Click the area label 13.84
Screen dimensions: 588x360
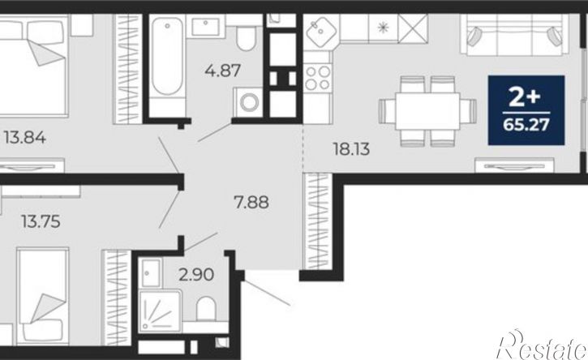click(25, 138)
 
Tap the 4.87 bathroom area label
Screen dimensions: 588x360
click(222, 71)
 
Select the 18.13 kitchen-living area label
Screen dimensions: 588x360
click(351, 149)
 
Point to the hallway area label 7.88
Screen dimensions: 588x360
click(251, 203)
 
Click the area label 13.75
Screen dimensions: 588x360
click(41, 221)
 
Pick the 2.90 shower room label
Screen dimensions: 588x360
click(196, 275)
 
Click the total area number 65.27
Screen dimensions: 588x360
click(526, 124)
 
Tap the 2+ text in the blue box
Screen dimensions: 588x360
click(525, 96)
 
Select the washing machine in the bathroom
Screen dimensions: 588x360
click(248, 101)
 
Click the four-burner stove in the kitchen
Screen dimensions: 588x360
click(318, 78)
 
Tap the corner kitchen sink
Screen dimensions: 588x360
click(321, 32)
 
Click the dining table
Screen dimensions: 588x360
click(427, 111)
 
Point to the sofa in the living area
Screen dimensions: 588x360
click(513, 35)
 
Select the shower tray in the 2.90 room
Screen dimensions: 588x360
click(160, 311)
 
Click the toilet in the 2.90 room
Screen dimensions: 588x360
click(206, 309)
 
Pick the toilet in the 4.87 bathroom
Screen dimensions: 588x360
click(246, 38)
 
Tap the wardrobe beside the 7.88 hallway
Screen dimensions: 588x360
click(318, 221)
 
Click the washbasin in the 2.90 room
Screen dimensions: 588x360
click(151, 272)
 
